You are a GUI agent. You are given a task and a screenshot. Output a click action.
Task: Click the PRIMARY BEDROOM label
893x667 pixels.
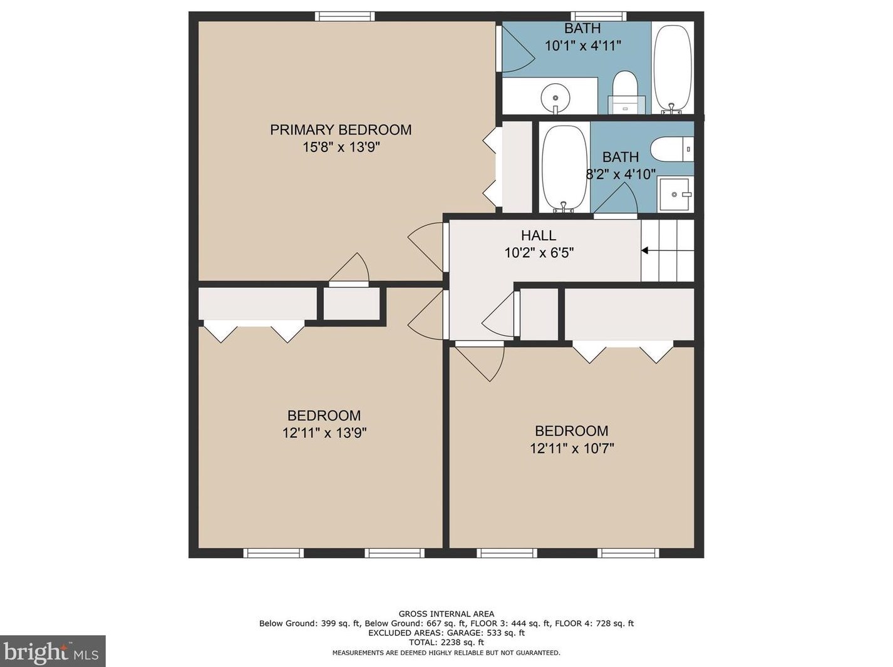(341, 130)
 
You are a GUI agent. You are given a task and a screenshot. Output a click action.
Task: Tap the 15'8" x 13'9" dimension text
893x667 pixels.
(341, 147)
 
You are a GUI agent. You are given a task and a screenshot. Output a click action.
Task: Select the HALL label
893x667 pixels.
(539, 235)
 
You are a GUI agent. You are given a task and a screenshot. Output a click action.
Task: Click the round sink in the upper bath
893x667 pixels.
(555, 98)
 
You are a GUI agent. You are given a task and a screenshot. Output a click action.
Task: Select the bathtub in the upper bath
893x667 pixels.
(672, 69)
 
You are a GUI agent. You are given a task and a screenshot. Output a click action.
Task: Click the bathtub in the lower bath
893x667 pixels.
(564, 168)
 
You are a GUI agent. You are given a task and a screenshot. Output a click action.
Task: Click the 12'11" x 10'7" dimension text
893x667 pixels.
(572, 449)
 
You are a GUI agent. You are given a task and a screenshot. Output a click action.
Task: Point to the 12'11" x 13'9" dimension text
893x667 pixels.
(324, 433)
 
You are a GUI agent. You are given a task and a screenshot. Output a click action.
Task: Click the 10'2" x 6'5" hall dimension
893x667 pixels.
(539, 253)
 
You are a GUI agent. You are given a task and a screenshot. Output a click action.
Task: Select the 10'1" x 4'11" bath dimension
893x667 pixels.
(583, 46)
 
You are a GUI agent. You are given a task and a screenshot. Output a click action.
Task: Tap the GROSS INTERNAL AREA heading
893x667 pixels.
(447, 614)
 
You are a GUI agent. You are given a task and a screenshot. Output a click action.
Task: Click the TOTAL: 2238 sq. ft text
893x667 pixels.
(447, 642)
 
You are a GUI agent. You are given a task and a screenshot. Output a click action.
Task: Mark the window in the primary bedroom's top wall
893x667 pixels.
(345, 16)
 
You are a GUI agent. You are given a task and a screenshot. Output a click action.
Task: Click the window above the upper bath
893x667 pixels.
(599, 16)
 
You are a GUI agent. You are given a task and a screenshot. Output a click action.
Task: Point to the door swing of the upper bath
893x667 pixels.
(517, 49)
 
